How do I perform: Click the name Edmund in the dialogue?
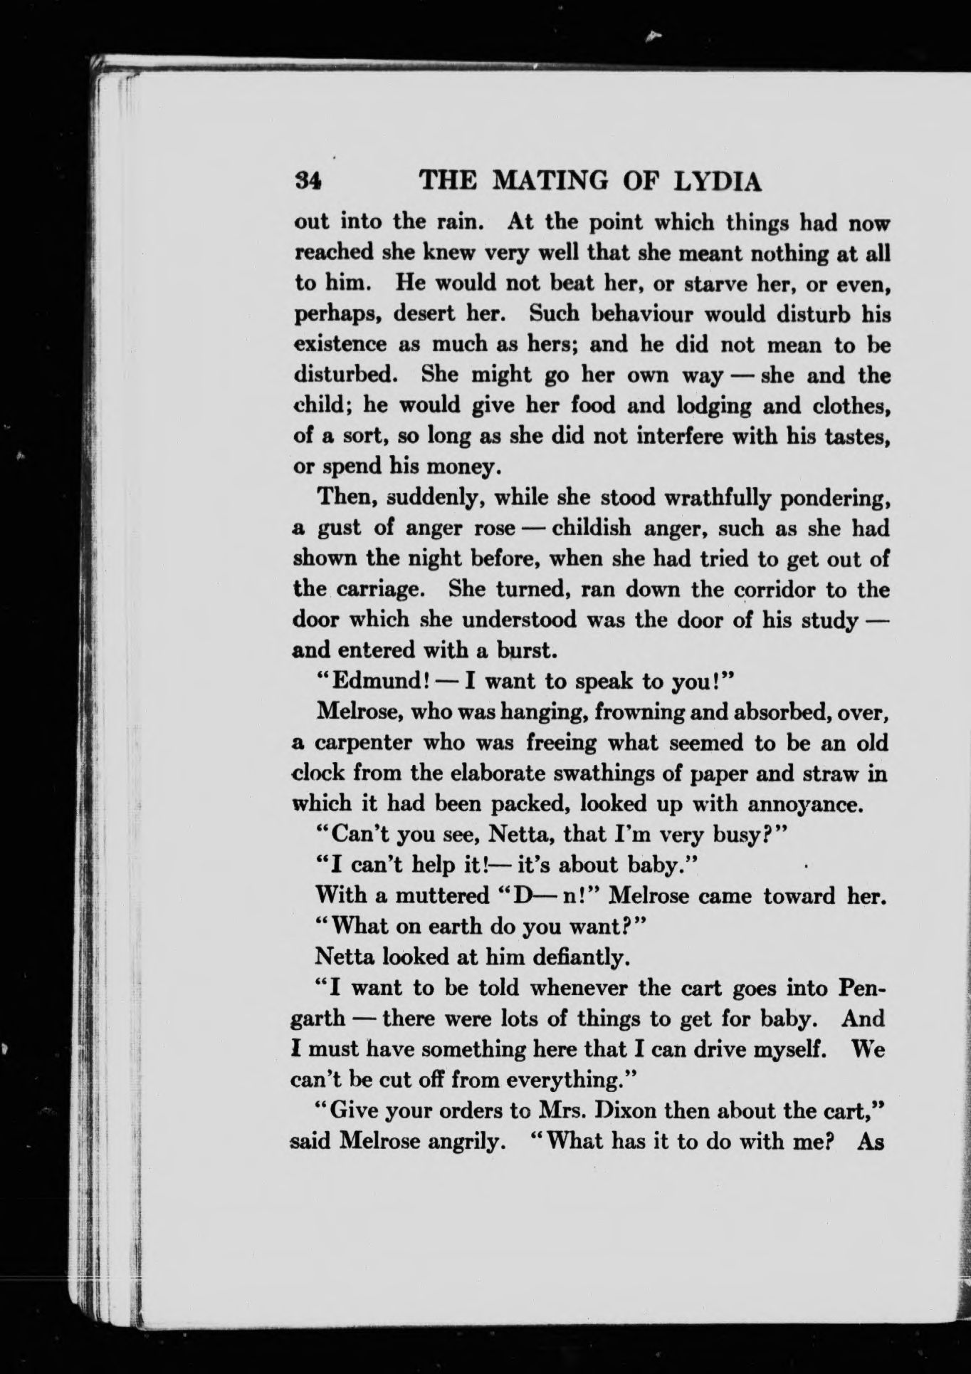(379, 681)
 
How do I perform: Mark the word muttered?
(442, 895)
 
